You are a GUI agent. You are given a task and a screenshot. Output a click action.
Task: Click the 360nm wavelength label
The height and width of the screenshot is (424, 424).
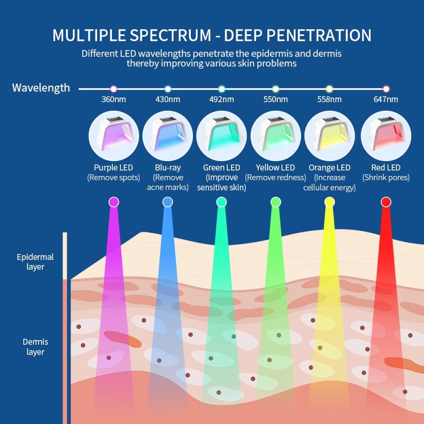pyautogui.click(x=113, y=99)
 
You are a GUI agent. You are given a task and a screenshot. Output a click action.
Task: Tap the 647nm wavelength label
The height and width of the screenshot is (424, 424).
pyautogui.click(x=386, y=99)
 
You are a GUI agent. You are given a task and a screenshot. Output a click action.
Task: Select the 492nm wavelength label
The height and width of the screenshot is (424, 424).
pyautogui.click(x=222, y=99)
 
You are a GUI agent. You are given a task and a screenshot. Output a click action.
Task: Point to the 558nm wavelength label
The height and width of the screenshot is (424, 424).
pyautogui.click(x=329, y=99)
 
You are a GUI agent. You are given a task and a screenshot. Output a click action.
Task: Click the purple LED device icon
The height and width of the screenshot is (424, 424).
pyautogui.click(x=113, y=136)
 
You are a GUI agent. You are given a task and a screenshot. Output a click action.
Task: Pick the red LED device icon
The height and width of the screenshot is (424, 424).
pyautogui.click(x=386, y=136)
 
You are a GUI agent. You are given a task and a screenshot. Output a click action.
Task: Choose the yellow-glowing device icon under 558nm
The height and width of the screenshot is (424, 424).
pyautogui.click(x=329, y=136)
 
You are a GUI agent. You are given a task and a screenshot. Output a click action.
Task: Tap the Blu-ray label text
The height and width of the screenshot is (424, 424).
pyautogui.click(x=168, y=167)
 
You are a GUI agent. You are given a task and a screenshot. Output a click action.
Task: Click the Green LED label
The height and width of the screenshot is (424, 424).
pyautogui.click(x=222, y=167)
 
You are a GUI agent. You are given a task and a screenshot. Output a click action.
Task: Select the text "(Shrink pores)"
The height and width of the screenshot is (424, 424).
pyautogui.click(x=386, y=177)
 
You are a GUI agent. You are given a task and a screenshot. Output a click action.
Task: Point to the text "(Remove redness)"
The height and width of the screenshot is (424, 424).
pyautogui.click(x=276, y=177)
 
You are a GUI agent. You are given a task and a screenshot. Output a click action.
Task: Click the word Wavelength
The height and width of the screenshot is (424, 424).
pyautogui.click(x=41, y=88)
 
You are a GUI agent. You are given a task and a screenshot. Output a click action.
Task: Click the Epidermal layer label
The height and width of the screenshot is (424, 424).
pyautogui.click(x=35, y=262)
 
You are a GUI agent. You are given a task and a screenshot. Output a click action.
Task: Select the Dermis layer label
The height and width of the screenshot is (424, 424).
pyautogui.click(x=35, y=347)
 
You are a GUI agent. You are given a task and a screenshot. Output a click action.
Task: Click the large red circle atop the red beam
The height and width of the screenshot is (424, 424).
pyautogui.click(x=386, y=202)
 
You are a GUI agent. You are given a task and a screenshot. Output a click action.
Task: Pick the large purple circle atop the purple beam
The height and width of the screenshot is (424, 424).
pyautogui.click(x=113, y=202)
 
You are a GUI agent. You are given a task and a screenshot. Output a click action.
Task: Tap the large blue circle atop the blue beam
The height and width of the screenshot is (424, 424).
pyautogui.click(x=167, y=202)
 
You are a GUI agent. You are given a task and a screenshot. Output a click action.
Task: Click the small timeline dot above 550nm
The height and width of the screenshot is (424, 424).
pyautogui.click(x=276, y=89)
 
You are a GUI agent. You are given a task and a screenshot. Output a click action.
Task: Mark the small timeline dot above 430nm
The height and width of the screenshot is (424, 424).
pyautogui.click(x=168, y=89)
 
